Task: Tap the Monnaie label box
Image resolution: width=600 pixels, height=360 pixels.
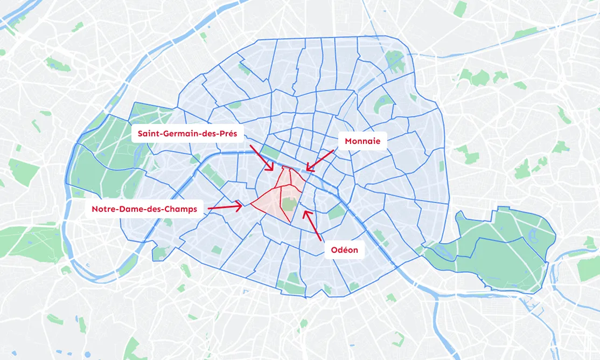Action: tap(362, 141)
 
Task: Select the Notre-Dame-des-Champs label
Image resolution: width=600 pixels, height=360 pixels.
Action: tap(144, 209)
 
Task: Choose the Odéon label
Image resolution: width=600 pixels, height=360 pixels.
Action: tap(344, 250)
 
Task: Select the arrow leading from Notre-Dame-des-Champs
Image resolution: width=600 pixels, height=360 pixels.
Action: tap(224, 206)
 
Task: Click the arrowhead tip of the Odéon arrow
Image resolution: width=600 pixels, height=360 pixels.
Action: tap(304, 211)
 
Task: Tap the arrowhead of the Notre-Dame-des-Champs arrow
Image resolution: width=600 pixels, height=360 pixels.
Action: tap(240, 205)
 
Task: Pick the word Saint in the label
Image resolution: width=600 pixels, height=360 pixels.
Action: tap(150, 133)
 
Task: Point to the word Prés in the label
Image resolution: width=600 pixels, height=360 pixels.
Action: tap(234, 133)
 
